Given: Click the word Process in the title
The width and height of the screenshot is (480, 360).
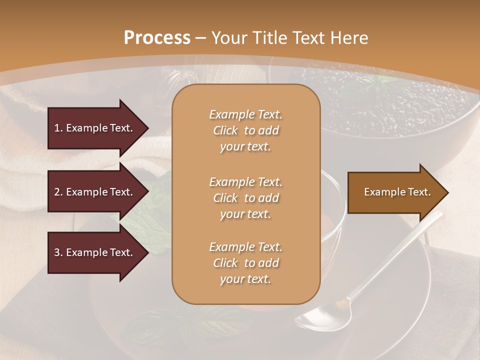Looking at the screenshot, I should pos(157,38).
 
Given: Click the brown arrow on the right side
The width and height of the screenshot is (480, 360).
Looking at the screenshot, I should pos(395,192).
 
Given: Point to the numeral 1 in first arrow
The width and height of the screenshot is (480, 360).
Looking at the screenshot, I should pos(57,128).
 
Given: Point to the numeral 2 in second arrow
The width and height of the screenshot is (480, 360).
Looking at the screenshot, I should pos(57,192).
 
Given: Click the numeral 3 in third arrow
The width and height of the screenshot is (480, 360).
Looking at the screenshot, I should pos(57,252).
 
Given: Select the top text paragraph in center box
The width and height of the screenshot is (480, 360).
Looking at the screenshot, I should pos(245,130).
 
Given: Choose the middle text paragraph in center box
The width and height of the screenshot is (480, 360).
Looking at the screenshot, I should pos(245,198).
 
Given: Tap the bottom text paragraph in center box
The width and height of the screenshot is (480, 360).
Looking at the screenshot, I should pos(245,263).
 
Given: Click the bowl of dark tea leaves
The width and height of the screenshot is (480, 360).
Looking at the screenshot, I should pos(390,107).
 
